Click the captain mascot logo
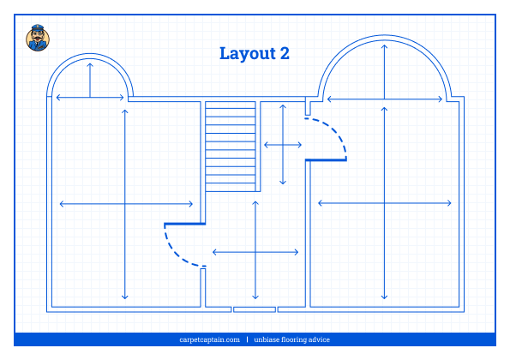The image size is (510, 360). click(38, 38)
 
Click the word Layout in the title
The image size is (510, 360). click(248, 54)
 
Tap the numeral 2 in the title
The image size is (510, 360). click(285, 53)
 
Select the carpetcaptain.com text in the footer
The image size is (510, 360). click(209, 339)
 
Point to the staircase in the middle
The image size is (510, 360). click(231, 147)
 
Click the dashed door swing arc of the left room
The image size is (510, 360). click(181, 249)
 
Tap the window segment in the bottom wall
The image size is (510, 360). click(255, 309)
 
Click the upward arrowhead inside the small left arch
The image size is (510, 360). click(90, 65)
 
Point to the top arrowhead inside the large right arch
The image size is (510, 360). click(385, 46)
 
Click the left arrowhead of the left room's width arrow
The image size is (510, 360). click(62, 204)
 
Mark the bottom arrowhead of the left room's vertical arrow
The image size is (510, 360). click(125, 297)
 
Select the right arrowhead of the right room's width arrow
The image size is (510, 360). click(449, 203)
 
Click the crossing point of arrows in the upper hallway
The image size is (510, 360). click(283, 145)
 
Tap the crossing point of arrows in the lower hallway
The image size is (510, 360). click(255, 252)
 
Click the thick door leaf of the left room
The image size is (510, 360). click(185, 224)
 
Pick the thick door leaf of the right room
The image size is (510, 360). click(326, 159)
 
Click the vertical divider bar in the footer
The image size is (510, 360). click(247, 339)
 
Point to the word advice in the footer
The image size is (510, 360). click(319, 339)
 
